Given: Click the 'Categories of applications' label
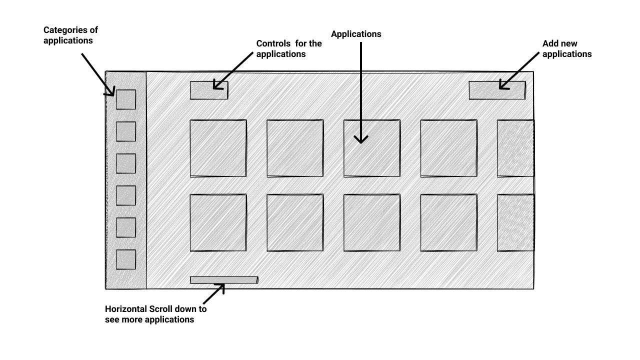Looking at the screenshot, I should click(x=70, y=35).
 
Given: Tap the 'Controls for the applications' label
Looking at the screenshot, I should click(x=289, y=48).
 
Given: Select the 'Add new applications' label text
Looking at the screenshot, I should click(x=566, y=49).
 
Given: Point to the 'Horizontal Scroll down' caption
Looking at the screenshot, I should click(x=155, y=314).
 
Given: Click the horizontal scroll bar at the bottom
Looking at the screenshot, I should click(x=224, y=280).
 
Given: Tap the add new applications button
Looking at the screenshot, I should click(x=497, y=90).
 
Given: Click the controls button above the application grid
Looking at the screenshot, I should click(x=209, y=90).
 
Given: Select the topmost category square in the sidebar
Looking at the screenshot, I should click(x=126, y=99).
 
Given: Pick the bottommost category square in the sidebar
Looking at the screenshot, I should click(x=126, y=259).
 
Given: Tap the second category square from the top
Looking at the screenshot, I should click(x=126, y=131).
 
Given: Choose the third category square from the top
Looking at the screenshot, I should click(x=126, y=163).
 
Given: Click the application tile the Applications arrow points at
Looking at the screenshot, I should click(x=371, y=148).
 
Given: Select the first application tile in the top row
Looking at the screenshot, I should click(x=218, y=148).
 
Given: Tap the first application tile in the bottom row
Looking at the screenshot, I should click(x=218, y=222).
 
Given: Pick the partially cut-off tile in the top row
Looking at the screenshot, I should click(x=515, y=148).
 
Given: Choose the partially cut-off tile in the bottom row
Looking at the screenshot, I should click(x=515, y=222).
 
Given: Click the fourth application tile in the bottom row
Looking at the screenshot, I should click(x=448, y=222).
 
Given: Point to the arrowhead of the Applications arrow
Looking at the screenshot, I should click(x=361, y=139).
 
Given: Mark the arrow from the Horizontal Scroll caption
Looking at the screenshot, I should click(x=213, y=293).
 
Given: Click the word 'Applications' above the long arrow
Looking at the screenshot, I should click(x=356, y=34).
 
